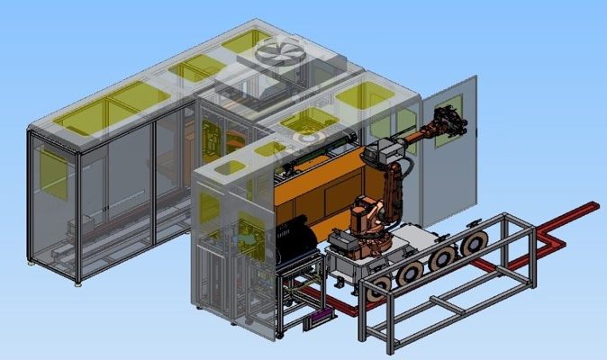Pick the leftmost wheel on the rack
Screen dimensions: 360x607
[x=379, y=287]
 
